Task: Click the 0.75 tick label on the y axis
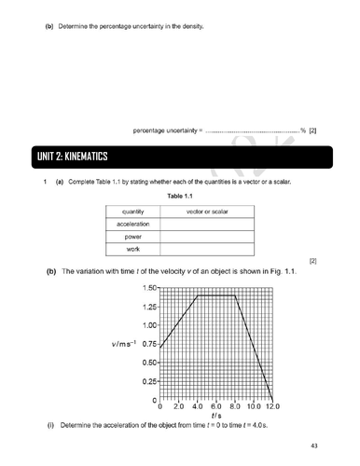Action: [149, 344]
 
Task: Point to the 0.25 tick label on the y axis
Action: [149, 381]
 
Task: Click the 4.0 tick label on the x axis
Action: [197, 407]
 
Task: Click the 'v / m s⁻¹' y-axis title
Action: [124, 344]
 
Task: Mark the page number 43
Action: [313, 446]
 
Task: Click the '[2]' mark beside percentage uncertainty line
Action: [312, 130]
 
